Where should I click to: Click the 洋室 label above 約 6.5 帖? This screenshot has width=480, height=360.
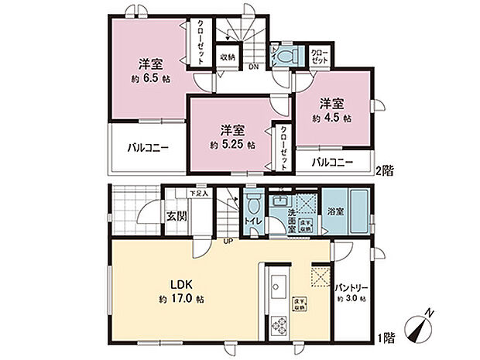click(150, 63)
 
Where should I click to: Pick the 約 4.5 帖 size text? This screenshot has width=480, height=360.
click(333, 118)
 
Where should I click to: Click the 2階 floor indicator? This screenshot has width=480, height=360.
click(385, 169)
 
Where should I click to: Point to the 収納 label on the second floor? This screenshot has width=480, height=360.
click(227, 57)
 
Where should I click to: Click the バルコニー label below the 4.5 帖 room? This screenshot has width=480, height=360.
click(333, 162)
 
